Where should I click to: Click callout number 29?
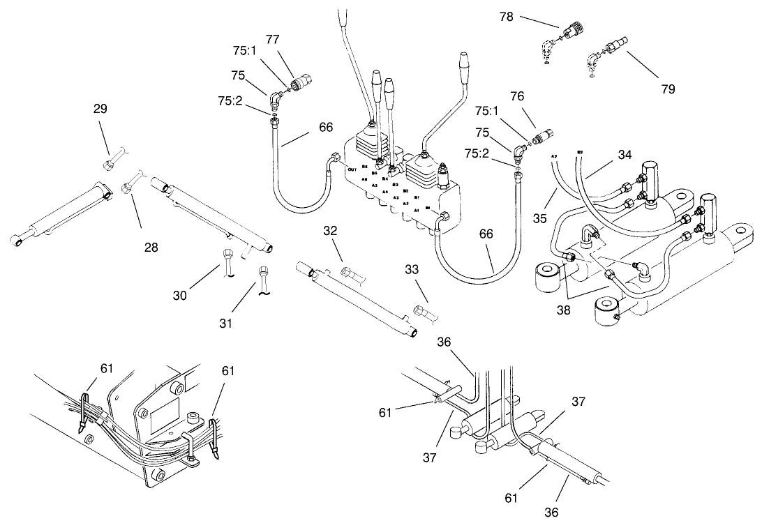coord(101,109)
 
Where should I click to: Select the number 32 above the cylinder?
coord(331,230)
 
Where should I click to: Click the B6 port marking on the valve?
coord(365,166)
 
